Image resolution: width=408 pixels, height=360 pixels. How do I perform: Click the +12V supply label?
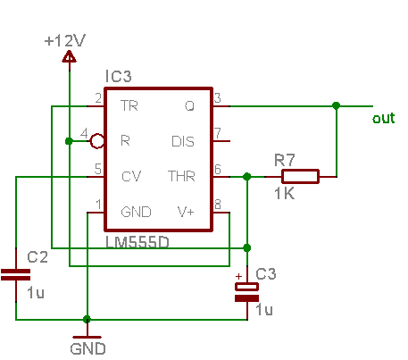pos(65,40)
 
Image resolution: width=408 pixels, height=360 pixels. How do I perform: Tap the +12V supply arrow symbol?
pos(69,56)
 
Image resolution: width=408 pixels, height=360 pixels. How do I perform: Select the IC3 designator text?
pos(119,76)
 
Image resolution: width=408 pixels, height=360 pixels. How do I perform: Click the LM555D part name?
pos(137,242)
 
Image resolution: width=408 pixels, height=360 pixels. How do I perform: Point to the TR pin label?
pos(129,105)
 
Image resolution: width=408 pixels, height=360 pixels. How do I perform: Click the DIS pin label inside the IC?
pos(183,141)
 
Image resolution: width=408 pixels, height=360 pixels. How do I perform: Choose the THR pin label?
pos(181,176)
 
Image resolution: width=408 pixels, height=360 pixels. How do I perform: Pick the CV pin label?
pos(131,176)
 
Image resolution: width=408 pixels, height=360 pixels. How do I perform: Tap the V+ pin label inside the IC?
pos(186,212)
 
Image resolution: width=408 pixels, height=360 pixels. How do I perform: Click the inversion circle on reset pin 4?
pos(96,141)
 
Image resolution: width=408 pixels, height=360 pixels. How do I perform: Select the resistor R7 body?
pos(300,176)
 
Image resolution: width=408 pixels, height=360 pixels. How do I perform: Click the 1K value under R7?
pos(285,194)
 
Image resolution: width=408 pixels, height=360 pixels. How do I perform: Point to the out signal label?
pos(384,118)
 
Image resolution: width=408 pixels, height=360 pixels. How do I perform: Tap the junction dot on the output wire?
pos(337,105)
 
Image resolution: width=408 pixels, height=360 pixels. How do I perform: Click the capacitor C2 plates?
pos(15,275)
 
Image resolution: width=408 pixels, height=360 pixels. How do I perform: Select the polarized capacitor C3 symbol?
pos(246,292)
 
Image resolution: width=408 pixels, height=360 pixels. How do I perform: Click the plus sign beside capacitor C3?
pos(238,277)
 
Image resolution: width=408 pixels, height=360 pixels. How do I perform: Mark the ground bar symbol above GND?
pos(87,338)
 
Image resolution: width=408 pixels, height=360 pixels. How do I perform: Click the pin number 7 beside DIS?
pos(218,133)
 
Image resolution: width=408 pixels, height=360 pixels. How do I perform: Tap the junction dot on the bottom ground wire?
pos(87,320)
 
